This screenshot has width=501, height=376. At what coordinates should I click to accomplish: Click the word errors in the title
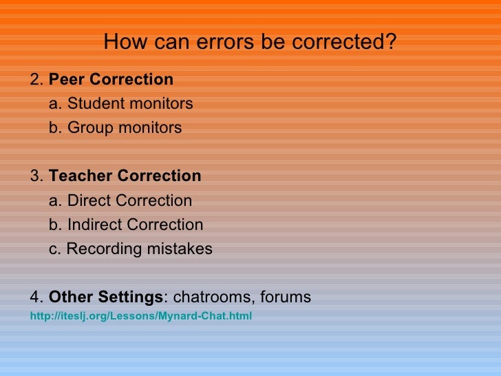click(x=223, y=43)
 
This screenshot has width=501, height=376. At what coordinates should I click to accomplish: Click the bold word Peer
click(x=67, y=80)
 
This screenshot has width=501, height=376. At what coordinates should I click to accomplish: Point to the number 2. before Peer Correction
click(x=37, y=80)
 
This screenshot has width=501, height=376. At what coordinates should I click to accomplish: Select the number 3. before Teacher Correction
click(x=37, y=176)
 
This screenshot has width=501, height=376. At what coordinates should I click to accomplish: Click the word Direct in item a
click(x=89, y=201)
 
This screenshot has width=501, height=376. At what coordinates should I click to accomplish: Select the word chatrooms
click(x=212, y=297)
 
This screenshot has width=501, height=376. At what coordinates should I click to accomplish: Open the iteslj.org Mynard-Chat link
click(x=141, y=316)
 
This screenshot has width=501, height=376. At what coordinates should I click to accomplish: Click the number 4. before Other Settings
click(x=37, y=297)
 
